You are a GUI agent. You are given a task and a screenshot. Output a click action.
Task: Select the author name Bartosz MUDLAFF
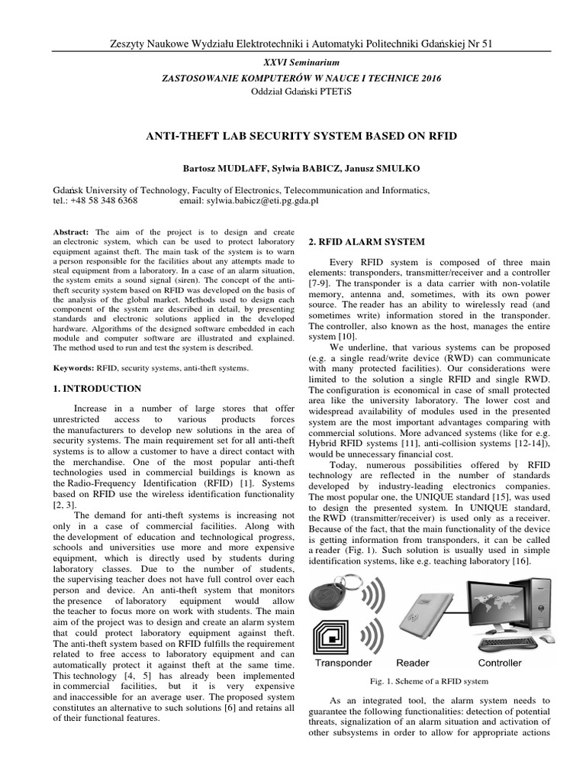click(x=212, y=166)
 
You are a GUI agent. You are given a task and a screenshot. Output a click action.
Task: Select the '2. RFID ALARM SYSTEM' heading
click(x=366, y=242)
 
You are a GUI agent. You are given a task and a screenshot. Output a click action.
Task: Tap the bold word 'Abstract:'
click(x=71, y=231)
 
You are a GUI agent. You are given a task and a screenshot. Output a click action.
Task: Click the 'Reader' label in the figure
click(x=413, y=663)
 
